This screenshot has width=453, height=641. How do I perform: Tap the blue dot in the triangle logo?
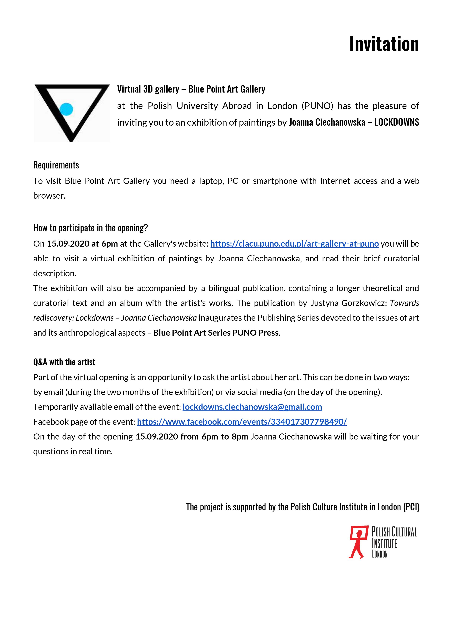[66, 109]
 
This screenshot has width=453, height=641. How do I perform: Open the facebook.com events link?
[242, 422]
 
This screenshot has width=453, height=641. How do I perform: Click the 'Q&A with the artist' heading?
[64, 362]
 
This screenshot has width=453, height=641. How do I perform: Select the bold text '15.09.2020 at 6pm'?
[82, 244]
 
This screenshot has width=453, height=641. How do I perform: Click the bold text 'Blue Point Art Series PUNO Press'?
[216, 333]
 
